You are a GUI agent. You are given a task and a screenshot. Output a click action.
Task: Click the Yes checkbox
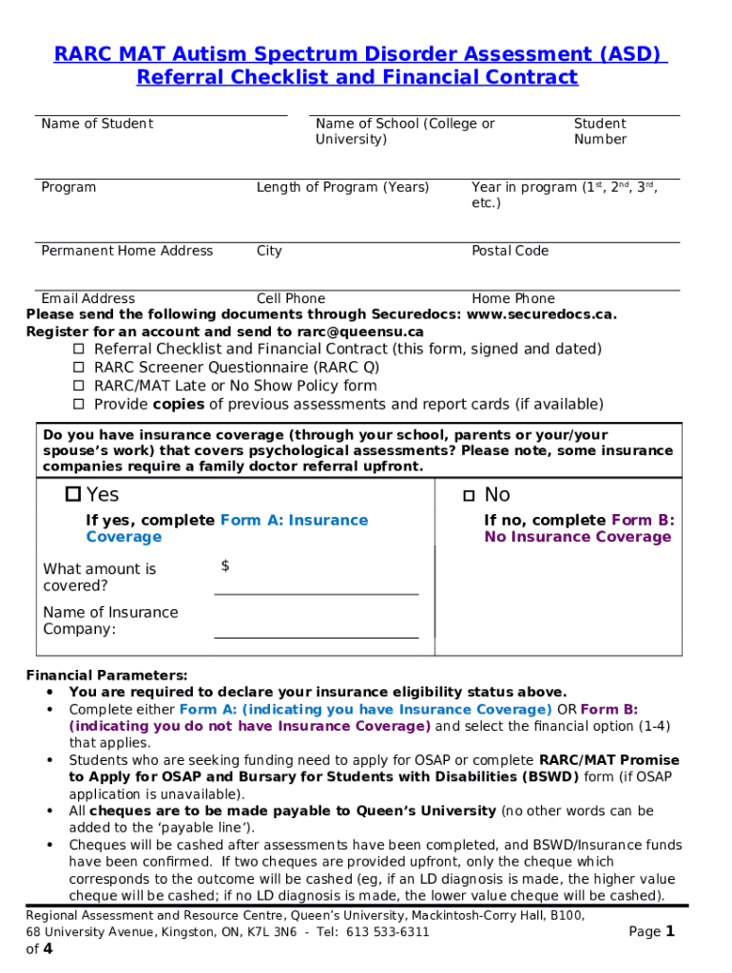coord(73,494)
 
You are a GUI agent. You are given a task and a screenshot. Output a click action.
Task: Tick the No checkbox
coord(469,495)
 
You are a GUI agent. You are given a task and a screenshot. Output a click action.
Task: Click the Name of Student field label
coord(97,124)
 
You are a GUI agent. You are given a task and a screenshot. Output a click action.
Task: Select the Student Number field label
coord(600,131)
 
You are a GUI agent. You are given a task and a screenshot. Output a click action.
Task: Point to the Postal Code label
coord(510,251)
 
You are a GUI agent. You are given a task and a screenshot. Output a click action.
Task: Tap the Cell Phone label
coord(290,298)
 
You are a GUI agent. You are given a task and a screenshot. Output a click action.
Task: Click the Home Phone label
coord(512,298)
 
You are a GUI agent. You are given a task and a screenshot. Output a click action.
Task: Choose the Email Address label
coord(87,298)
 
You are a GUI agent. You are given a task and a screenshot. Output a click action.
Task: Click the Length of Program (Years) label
coord(342,187)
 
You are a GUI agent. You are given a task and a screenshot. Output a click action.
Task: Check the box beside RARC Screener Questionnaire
coord(79,368)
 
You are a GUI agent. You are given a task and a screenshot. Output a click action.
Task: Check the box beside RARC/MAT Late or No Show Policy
coord(79,387)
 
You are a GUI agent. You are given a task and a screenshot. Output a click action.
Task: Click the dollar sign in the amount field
coord(225,566)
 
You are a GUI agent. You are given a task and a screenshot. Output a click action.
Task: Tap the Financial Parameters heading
coord(106,676)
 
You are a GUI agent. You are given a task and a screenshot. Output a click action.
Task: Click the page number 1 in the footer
coord(669,932)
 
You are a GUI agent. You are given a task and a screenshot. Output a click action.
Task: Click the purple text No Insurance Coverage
coord(577,537)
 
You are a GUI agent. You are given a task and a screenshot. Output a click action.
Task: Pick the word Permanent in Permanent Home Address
coord(77,251)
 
